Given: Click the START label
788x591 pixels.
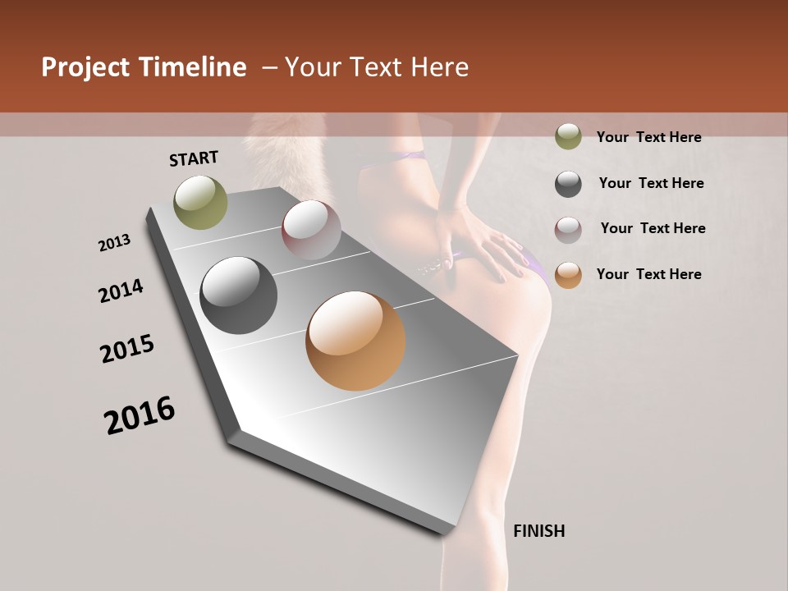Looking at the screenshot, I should tap(194, 158).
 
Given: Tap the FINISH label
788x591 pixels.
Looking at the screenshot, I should tap(538, 531).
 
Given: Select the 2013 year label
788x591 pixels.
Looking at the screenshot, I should tap(115, 243).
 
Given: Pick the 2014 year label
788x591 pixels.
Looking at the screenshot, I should tap(121, 291).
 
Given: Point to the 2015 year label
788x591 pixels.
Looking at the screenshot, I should tap(127, 349).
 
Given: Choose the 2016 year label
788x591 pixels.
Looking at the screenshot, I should tap(140, 415).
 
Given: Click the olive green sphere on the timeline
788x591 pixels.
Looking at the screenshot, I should tap(200, 202).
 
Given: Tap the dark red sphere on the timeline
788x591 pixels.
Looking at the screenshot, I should tap(311, 230).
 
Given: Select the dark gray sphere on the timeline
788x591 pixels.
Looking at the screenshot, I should tap(239, 295).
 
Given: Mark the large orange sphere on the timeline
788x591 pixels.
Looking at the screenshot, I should tap(355, 341).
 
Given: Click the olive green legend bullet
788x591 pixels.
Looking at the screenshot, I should tap(568, 136).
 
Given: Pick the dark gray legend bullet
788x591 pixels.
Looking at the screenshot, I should tap(568, 184).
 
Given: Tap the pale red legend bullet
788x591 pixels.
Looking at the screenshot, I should tap(568, 230).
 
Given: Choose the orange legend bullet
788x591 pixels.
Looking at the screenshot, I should tap(568, 275).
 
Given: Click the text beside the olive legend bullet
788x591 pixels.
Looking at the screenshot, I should tap(648, 137).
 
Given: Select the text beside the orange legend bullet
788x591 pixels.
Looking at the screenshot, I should tap(648, 274).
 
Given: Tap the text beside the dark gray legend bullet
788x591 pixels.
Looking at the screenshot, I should tap(651, 183).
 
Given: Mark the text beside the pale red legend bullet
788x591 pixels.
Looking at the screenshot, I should tap(653, 228).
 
